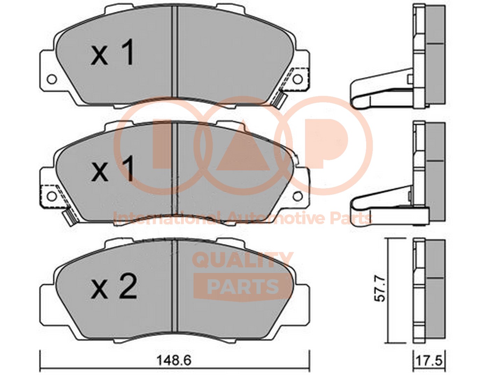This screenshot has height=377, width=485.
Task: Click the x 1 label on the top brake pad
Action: click(x=113, y=53)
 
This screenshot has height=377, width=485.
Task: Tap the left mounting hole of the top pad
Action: click(x=52, y=79)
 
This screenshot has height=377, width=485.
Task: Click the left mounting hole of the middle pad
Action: click(x=52, y=196)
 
